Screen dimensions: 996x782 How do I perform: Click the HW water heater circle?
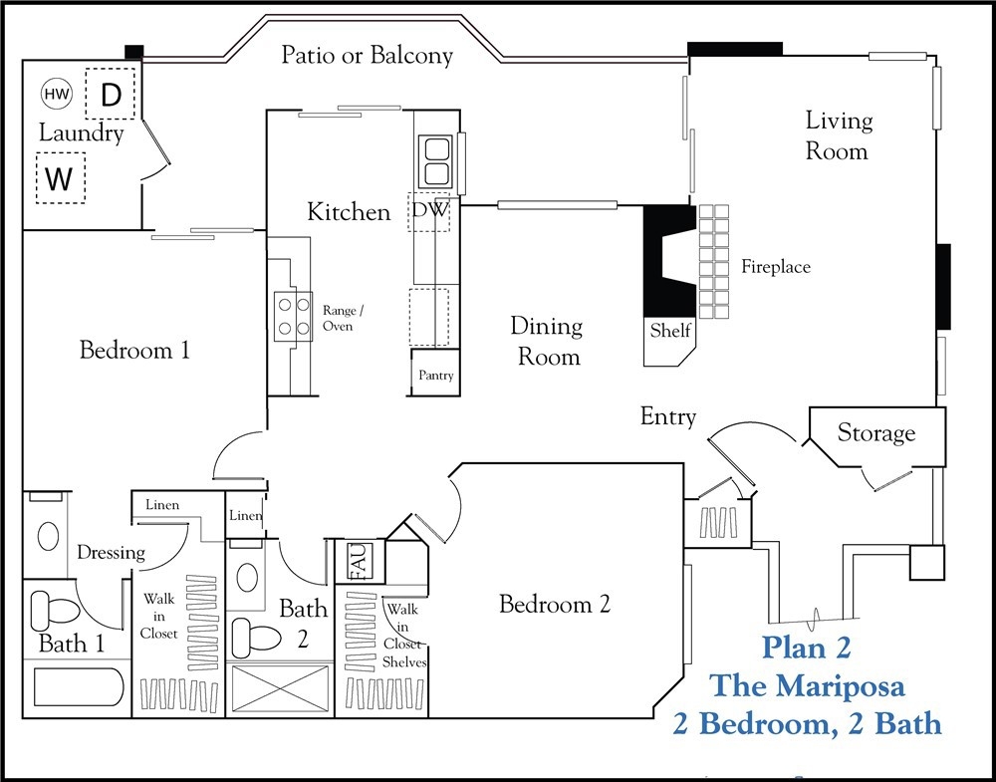tap(57, 94)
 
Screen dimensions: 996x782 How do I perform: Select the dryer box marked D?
tap(111, 94)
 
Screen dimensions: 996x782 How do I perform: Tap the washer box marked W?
tap(61, 178)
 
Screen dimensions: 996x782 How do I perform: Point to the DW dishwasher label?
tap(430, 209)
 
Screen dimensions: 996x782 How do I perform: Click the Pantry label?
tap(436, 376)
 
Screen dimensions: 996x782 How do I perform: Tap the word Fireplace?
tap(776, 267)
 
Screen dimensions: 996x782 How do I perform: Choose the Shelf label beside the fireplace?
tap(670, 331)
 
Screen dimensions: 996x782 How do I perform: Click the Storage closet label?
tap(875, 433)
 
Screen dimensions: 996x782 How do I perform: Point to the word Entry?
tap(667, 416)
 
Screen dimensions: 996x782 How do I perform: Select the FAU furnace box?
tap(360, 561)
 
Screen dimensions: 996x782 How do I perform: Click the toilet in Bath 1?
tap(55, 609)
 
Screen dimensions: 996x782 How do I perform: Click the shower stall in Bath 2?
tap(280, 688)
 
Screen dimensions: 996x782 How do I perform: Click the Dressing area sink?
tap(48, 537)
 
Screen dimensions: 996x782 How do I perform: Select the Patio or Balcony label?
tap(368, 55)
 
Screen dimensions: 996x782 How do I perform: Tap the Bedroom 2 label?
tap(555, 604)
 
